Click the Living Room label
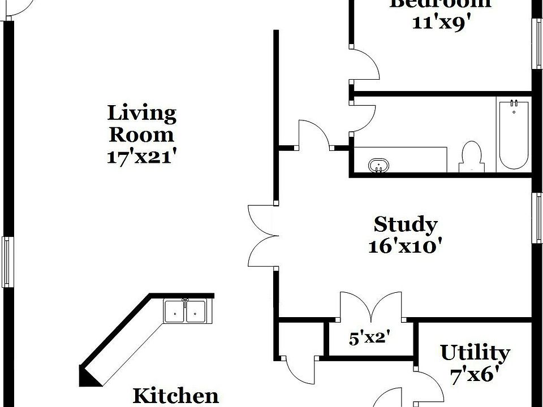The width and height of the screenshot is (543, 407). tap(141, 124)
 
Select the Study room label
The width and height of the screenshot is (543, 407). tap(405, 224)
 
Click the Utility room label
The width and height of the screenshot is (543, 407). tap(475, 353)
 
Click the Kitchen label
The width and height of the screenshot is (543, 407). tap(175, 395)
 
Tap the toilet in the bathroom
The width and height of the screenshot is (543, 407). tap(471, 157)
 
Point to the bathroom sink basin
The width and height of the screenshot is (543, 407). tap(378, 166)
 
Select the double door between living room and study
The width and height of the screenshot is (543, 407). tap(262, 235)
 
